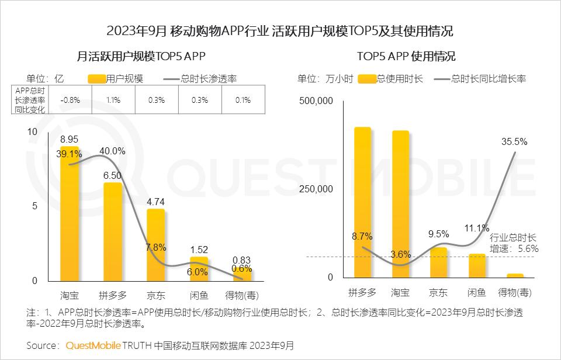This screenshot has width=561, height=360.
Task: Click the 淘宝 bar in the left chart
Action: click(x=69, y=216)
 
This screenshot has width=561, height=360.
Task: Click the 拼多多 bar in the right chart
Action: click(x=362, y=202)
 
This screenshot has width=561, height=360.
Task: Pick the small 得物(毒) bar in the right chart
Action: click(x=515, y=275)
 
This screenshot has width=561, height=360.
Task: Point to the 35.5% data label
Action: click(x=514, y=141)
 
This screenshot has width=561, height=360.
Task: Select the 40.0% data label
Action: click(x=112, y=151)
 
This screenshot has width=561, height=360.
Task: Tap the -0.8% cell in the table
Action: click(x=70, y=100)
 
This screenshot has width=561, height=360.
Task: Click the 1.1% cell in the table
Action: click(x=113, y=100)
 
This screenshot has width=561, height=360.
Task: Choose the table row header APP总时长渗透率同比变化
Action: click(x=31, y=100)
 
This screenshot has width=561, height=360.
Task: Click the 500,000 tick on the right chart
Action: click(x=316, y=101)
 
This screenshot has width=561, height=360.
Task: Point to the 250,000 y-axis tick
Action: click(x=316, y=189)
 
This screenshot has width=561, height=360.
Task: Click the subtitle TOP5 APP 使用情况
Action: click(x=406, y=57)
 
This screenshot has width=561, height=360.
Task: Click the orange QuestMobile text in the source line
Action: click(x=92, y=345)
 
